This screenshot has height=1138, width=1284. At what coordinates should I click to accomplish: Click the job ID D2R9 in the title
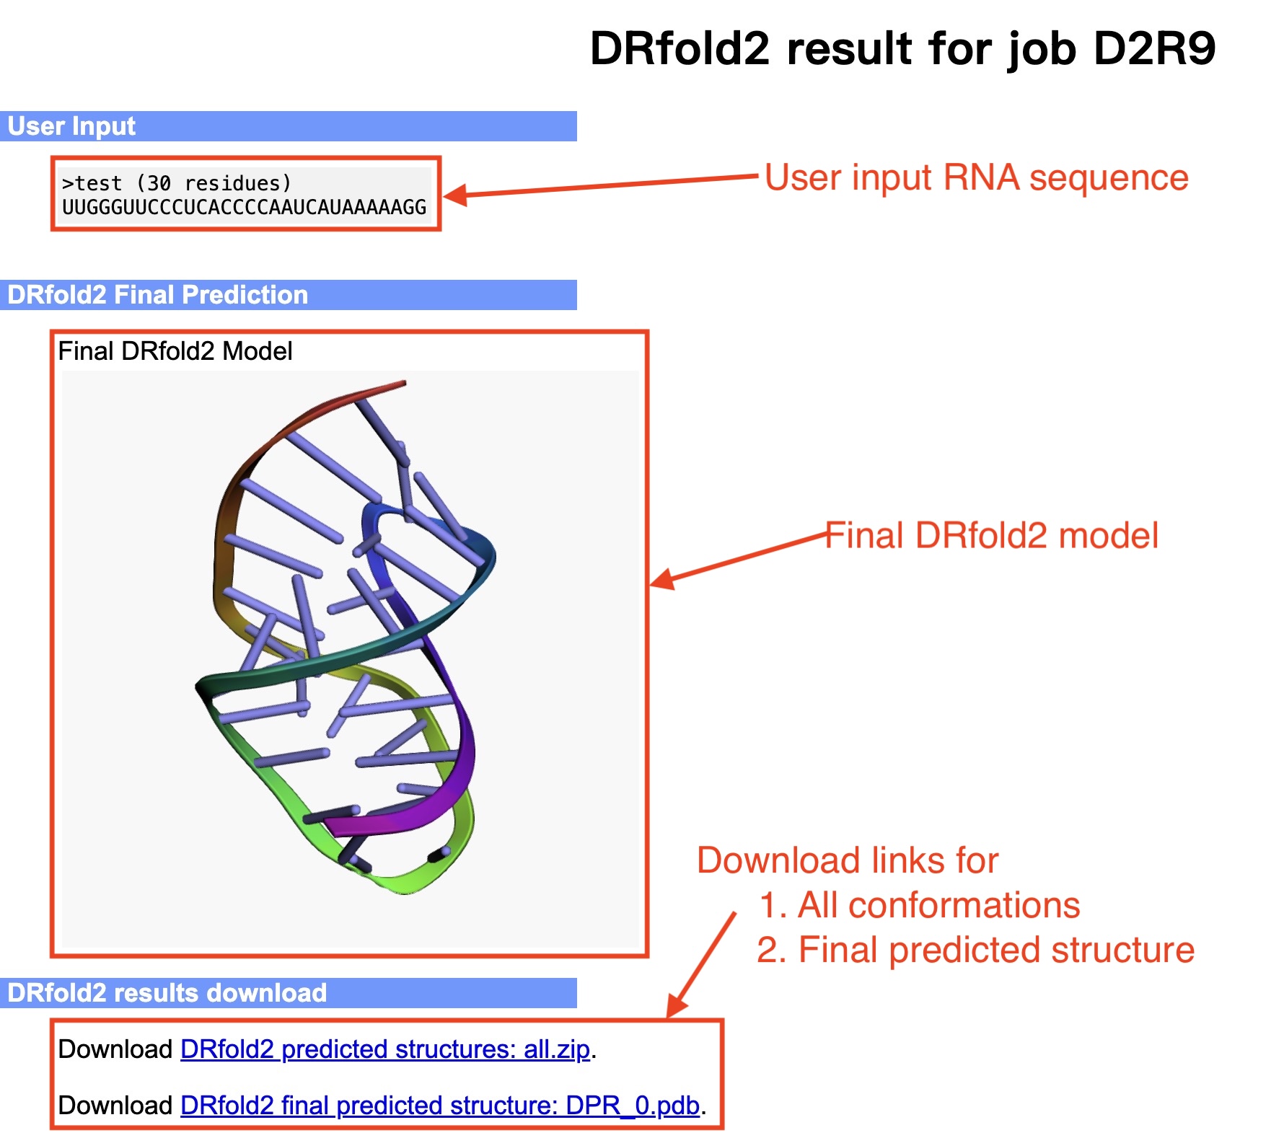point(1154,48)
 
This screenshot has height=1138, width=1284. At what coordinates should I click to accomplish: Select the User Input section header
point(71,126)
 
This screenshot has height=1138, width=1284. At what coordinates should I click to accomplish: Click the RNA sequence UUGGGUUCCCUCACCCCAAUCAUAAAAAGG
point(245,208)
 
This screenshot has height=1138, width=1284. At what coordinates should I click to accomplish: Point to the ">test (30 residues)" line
point(177,183)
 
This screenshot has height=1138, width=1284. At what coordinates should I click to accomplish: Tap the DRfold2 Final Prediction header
point(157,295)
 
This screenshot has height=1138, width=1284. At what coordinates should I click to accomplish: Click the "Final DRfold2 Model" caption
point(175,351)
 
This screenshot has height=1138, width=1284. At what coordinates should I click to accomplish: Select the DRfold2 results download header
point(167,993)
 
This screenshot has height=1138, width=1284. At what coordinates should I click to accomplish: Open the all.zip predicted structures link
point(385,1049)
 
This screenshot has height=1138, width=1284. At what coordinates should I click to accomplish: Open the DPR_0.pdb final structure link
point(440,1106)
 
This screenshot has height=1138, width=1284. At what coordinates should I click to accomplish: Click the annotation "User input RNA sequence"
point(977,177)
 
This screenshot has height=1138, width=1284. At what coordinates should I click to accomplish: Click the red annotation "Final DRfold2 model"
point(992,536)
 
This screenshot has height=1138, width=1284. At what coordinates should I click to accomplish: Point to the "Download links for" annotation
point(848,860)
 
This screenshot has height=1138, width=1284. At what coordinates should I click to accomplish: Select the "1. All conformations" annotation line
point(920,905)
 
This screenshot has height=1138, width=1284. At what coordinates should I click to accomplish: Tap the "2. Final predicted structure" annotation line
point(975,950)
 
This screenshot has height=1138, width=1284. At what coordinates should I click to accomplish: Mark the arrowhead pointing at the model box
point(661,580)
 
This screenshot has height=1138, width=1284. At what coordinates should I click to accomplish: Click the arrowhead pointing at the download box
point(676,1006)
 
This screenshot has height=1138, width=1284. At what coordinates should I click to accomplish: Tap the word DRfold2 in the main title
point(680,48)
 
